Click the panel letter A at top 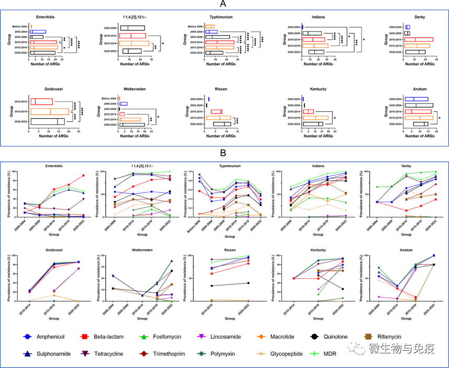click(x=223, y=4)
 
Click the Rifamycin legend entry click(x=394, y=337)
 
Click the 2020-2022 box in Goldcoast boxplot click(x=48, y=122)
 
